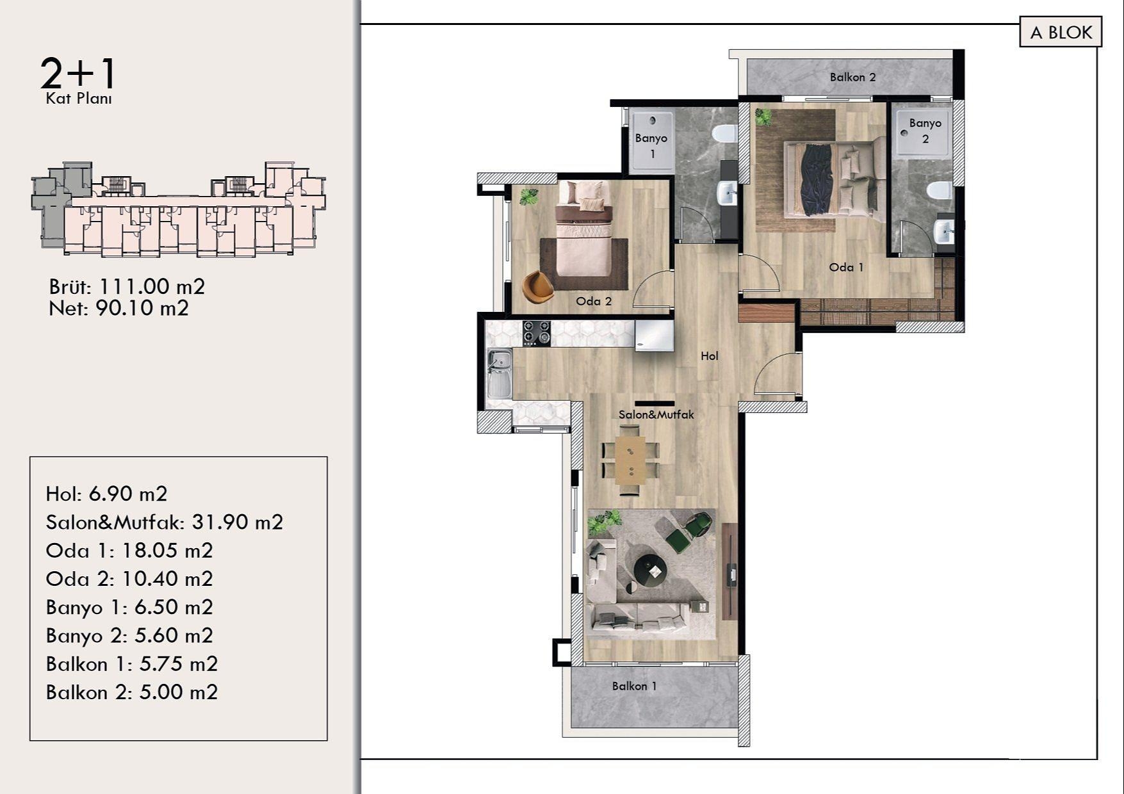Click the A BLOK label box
coord(1060,33)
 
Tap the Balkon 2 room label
coord(852,77)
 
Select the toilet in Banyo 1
coord(726,134)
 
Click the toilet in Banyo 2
coord(941,190)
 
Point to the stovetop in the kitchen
coord(536,334)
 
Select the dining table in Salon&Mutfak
coord(631,460)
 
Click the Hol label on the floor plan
coord(709,356)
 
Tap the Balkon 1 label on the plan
coord(634,686)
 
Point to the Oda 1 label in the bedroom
coord(846,268)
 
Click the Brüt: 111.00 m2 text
coord(127,286)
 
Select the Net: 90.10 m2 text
coord(118,308)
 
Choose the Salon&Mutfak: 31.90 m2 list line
coord(164,523)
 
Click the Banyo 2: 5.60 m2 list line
coord(129,635)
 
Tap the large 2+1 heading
coord(78,73)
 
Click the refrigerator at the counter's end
coord(654,336)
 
